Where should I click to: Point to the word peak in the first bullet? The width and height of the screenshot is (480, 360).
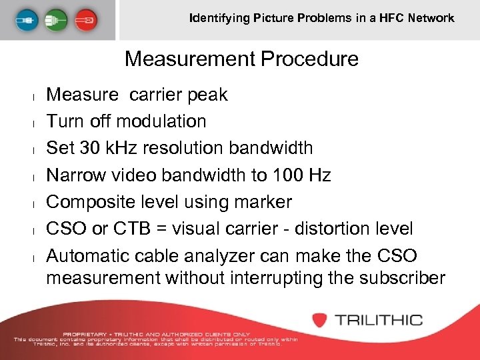[207, 95]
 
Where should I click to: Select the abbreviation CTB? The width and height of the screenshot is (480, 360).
[130, 229]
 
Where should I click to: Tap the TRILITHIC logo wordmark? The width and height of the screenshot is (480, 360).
[378, 319]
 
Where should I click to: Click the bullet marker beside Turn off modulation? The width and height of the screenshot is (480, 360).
[33, 122]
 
